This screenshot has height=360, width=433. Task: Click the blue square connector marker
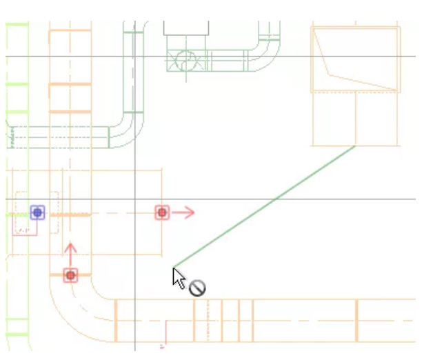point(37,212)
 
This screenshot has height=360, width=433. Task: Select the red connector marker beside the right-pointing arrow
point(162,212)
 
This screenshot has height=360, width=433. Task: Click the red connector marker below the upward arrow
point(70,275)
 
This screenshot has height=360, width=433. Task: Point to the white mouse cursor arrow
point(179,278)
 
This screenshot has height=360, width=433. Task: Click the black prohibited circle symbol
point(197,288)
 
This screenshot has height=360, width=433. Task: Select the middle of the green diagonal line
point(264,206)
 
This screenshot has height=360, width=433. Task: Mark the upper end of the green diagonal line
point(355,146)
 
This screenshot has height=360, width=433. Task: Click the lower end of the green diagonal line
point(174,267)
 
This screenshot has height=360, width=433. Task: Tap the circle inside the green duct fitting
point(185,61)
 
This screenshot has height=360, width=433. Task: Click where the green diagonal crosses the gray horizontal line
point(275,199)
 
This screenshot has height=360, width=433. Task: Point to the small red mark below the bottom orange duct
point(163,343)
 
